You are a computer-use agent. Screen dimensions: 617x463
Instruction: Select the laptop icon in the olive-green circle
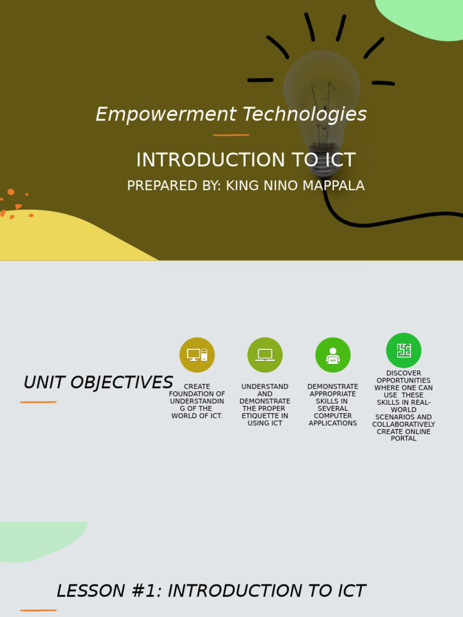tap(265, 355)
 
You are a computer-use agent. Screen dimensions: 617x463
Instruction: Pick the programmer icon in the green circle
tap(333, 355)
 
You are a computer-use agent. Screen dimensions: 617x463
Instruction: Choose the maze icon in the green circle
tap(404, 350)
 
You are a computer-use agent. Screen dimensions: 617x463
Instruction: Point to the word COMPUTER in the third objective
tap(333, 416)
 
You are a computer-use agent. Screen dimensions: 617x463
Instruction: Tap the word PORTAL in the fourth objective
tap(403, 439)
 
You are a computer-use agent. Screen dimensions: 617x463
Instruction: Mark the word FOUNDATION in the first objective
tap(197, 394)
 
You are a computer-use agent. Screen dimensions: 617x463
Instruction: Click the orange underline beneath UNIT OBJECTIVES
tap(39, 402)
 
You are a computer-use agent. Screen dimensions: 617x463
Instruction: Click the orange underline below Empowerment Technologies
tap(231, 135)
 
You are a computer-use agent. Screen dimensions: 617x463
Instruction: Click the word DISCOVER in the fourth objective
tap(403, 373)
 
